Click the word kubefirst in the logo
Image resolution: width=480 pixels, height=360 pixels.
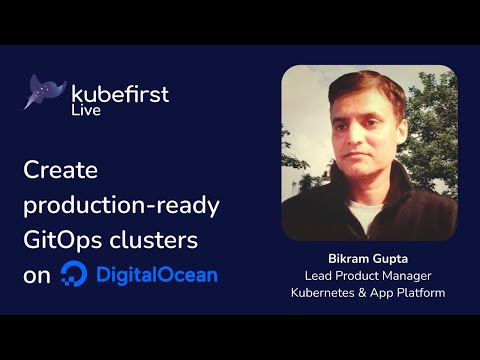click(x=120, y=94)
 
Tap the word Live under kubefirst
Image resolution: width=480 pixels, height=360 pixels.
click(x=87, y=112)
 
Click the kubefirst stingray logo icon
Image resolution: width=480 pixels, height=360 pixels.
click(x=44, y=91)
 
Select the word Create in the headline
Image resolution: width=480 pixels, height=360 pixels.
click(x=60, y=171)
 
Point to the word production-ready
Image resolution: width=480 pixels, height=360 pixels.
click(x=121, y=206)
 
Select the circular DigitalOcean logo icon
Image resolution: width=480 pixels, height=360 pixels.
click(x=73, y=274)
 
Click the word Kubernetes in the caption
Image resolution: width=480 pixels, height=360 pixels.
click(x=325, y=292)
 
